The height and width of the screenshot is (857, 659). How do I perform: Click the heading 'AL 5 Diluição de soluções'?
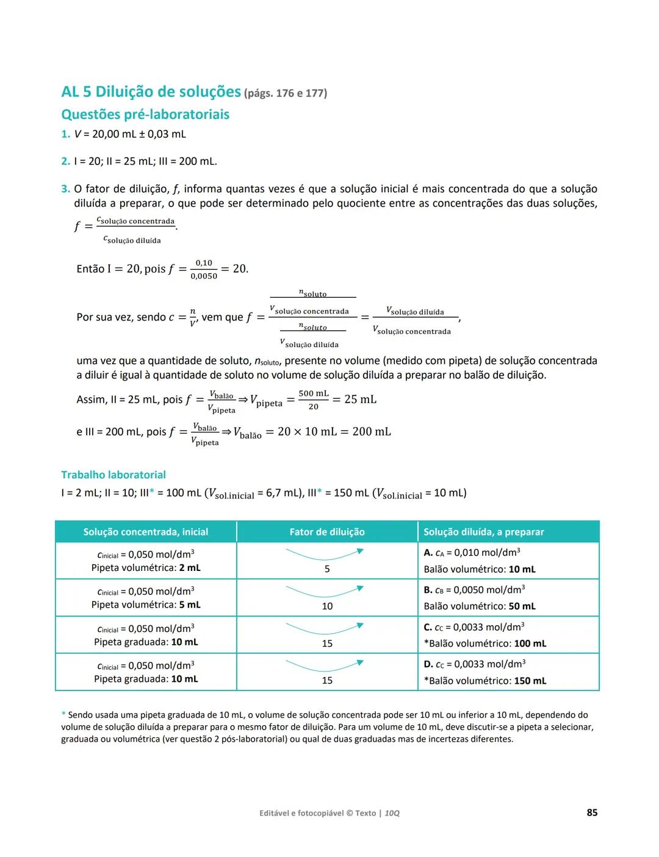coord(151,92)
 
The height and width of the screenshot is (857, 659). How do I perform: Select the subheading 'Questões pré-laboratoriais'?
coord(145,115)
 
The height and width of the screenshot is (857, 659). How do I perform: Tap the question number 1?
coord(65,134)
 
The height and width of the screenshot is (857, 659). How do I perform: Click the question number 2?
coord(65,162)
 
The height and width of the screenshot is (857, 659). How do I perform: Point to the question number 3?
coord(65,189)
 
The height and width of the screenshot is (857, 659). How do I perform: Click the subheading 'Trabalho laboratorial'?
coord(113,475)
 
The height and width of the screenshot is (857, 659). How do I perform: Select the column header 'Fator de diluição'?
coord(327,532)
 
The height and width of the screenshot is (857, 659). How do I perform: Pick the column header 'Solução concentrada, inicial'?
coord(146,532)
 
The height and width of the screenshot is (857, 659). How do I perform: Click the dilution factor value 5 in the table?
coord(327,569)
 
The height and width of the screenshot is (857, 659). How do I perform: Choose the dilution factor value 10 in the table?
coord(327,606)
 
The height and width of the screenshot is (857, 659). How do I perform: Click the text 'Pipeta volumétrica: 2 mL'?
coord(146,568)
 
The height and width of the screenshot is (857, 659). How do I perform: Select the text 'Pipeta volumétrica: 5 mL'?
coord(146,605)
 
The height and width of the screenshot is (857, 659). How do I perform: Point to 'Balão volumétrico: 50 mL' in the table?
coord(480,606)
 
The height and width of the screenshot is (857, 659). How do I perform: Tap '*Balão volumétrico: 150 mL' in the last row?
coord(485,681)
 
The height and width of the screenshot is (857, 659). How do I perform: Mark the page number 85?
coord(592,812)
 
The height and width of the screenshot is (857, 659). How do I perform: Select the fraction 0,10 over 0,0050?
coord(204,270)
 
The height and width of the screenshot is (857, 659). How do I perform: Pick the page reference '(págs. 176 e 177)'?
coord(286,93)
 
